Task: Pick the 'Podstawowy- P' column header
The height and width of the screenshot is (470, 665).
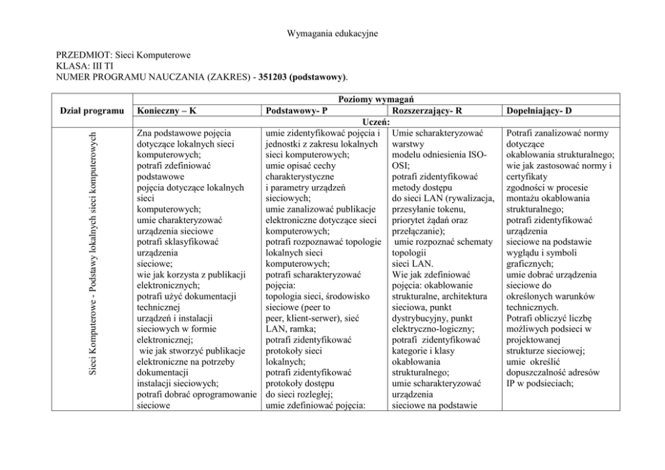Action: click(x=293, y=110)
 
